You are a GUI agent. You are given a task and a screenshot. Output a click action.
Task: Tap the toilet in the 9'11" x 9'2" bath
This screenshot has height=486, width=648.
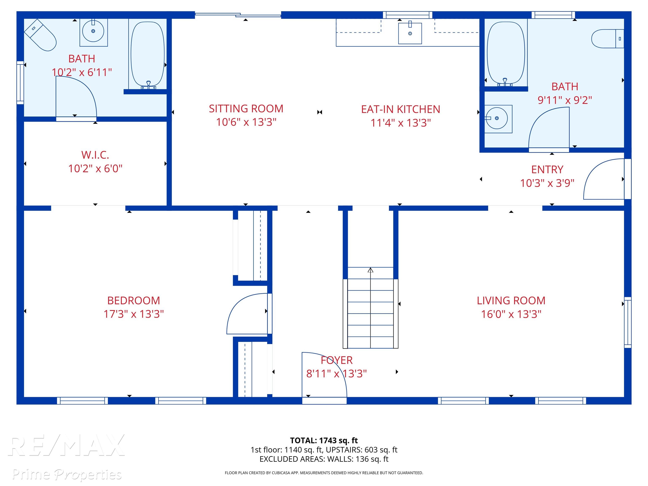(607, 38)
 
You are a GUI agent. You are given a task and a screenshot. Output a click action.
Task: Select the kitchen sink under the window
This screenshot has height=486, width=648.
(410, 33)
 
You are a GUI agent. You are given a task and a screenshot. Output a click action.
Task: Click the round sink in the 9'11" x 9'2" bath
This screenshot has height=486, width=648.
(497, 118)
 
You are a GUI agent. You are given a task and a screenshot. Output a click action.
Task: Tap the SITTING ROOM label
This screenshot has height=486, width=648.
(246, 109)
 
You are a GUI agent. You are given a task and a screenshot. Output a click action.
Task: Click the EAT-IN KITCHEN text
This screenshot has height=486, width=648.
(400, 109)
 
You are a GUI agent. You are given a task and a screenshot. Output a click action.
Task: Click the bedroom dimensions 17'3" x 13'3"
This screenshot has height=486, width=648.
(134, 314)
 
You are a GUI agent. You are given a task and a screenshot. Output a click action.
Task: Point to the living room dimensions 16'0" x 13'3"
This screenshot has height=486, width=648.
(511, 314)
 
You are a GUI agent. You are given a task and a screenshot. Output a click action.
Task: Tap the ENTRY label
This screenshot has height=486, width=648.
(547, 169)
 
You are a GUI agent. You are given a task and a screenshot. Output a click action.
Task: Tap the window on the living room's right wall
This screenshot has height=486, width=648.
(628, 322)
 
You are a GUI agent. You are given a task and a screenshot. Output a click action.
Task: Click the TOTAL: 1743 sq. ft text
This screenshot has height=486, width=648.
(324, 440)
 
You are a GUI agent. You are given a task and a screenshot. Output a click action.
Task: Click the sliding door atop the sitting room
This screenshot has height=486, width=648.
(238, 14)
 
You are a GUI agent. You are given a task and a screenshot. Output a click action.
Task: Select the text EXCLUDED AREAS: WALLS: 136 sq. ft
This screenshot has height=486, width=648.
(324, 459)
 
